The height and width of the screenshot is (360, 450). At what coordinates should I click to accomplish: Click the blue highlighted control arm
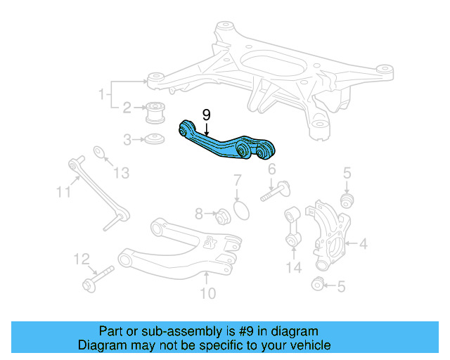tap(224, 143)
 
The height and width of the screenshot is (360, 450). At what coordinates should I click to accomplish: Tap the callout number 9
tap(206, 114)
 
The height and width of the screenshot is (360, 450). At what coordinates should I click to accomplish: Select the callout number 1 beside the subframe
tap(102, 94)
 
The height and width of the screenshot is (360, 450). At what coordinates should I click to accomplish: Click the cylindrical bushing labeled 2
tap(157, 112)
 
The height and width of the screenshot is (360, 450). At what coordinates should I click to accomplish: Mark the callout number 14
tap(293, 266)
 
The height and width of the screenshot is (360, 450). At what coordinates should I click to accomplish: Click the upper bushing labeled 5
tap(346, 200)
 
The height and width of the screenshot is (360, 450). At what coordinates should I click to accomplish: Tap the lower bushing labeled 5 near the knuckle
tap(319, 284)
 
